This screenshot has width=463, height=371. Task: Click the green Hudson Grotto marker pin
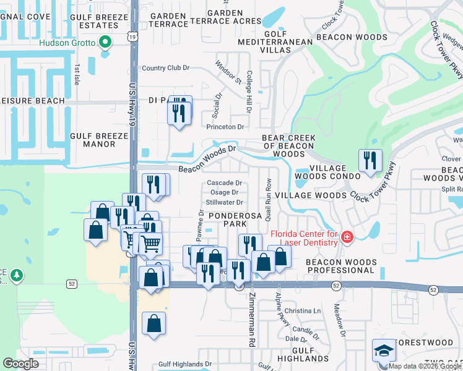[x=105, y=43]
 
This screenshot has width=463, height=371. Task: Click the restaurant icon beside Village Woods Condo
[x=370, y=161]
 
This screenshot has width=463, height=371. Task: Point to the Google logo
[x=20, y=363]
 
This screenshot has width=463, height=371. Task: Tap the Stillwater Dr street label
[x=224, y=202]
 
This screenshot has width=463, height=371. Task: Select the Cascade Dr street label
[x=224, y=183]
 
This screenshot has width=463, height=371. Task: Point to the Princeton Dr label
[x=226, y=127]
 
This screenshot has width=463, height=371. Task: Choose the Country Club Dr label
[x=165, y=68]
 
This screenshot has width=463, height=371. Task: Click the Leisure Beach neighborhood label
[x=32, y=101]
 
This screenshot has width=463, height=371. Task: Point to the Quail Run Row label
[x=269, y=192]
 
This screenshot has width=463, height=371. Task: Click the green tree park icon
[x=17, y=275]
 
